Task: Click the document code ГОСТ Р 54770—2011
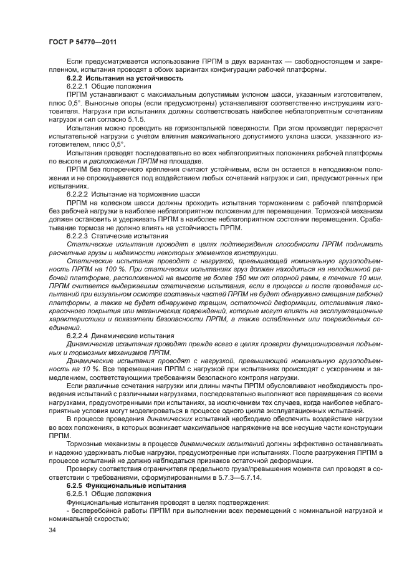tap(83, 42)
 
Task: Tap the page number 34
tap(53, 529)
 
